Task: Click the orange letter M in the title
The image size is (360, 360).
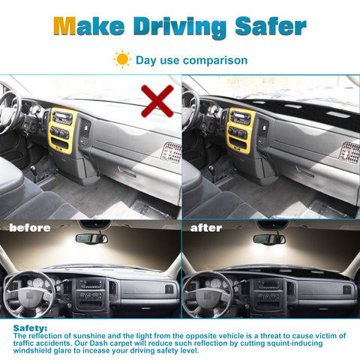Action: pyautogui.click(x=64, y=26)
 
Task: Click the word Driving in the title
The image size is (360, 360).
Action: pyautogui.click(x=180, y=28)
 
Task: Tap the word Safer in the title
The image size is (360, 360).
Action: pyautogui.click(x=271, y=26)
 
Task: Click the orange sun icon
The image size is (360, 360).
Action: pyautogui.click(x=122, y=59)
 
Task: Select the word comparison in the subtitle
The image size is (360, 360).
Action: pyautogui.click(x=215, y=61)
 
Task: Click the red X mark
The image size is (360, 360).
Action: pyautogui.click(x=157, y=101)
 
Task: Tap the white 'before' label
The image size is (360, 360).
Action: pyautogui.click(x=30, y=228)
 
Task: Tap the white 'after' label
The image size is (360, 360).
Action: pyautogui.click(x=206, y=228)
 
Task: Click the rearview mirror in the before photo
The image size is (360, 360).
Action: pyautogui.click(x=91, y=238)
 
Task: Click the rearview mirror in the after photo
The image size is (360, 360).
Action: pyautogui.click(x=269, y=239)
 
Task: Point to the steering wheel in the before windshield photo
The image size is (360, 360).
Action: pyautogui.click(x=29, y=295)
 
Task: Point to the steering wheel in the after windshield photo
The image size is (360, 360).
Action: pyautogui.click(x=208, y=295)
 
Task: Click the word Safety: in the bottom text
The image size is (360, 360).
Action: pyautogui.click(x=30, y=328)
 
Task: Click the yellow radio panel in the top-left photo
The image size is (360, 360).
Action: pyautogui.click(x=62, y=130)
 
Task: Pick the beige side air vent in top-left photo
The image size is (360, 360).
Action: pyautogui.click(x=171, y=153)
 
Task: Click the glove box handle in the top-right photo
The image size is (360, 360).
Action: pyautogui.click(x=305, y=172)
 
